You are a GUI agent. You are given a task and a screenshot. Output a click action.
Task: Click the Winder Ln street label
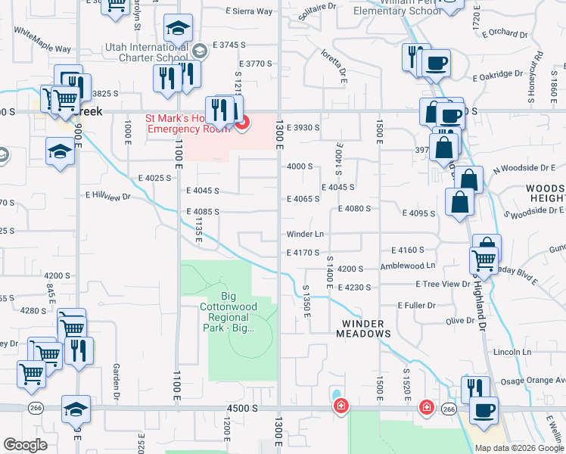click(x=305, y=235)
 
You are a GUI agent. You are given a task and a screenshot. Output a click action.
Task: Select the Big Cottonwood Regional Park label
click(x=229, y=312)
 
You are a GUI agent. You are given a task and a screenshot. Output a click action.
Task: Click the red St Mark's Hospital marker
click(x=242, y=123)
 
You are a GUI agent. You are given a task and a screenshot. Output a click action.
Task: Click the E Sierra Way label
click(x=249, y=11)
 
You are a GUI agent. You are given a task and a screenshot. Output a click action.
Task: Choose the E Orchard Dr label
click(x=503, y=34)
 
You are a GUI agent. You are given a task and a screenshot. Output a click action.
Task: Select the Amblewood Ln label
click(x=408, y=266)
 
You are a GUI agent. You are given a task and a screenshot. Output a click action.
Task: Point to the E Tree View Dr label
click(x=443, y=284)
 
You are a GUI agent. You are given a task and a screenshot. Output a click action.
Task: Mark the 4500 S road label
click(x=242, y=409)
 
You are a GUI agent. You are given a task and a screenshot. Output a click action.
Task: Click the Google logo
click(x=24, y=445)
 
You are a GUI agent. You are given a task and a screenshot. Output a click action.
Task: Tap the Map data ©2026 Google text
click(x=519, y=448)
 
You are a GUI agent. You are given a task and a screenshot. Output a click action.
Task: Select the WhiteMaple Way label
click(x=42, y=42)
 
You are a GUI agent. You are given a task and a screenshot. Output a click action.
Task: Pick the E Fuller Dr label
click(x=416, y=306)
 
